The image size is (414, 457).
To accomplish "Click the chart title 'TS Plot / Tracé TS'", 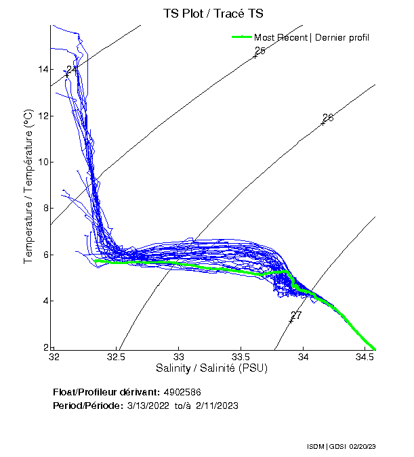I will click(214, 14).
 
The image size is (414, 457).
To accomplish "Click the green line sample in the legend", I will click(241, 37).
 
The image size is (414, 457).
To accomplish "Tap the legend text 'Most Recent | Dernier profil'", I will click(312, 37).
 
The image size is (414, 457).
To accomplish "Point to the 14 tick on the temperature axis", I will click(43, 70).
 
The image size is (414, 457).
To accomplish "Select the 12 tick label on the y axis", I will click(43, 116).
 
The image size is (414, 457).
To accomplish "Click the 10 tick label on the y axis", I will click(43, 162).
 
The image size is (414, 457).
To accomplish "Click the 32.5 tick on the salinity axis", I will click(117, 356).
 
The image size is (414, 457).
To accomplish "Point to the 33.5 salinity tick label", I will click(241, 356).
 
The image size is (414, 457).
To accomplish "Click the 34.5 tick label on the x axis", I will click(365, 356).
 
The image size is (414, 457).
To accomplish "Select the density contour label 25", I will click(260, 51).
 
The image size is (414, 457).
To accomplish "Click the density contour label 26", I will click(328, 118).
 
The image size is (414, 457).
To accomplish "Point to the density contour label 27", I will click(296, 315).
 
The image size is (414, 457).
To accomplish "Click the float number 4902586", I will click(182, 392).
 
